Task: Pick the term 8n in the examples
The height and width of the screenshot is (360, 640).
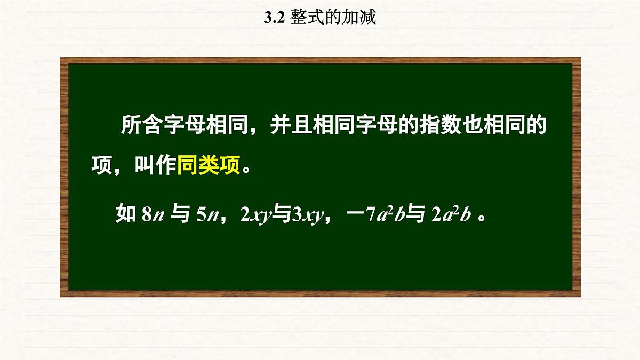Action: [152, 215]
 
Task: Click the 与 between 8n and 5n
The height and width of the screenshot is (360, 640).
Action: [178, 215]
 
